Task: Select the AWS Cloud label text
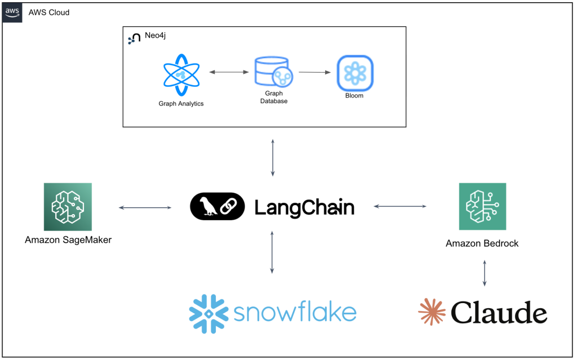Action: tap(49, 12)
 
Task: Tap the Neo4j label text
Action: tap(155, 35)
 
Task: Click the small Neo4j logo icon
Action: tap(135, 38)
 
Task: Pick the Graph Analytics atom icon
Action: tap(181, 75)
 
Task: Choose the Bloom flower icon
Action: tap(355, 73)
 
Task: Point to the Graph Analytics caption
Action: tap(181, 104)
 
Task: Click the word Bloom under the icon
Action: tap(354, 96)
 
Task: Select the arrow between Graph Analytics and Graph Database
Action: tap(229, 72)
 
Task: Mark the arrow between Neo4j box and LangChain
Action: tap(273, 157)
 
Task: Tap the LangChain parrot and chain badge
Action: tap(218, 206)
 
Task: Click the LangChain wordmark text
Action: tap(304, 207)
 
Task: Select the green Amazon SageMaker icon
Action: tap(68, 207)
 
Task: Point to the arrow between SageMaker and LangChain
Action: tap(145, 208)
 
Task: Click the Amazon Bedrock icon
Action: tap(482, 207)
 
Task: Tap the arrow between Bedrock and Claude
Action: tap(484, 273)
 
